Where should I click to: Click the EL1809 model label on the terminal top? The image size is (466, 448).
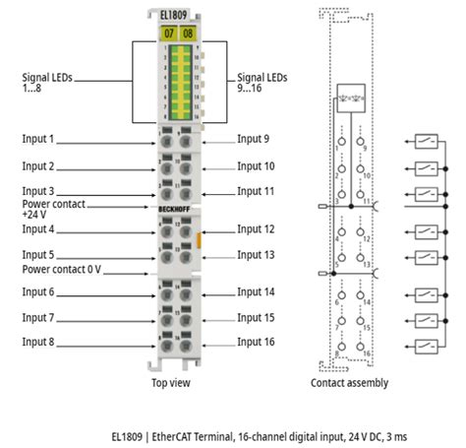coord(177,16)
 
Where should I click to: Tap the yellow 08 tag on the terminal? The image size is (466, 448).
coord(188,32)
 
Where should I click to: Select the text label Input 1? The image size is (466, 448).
coord(38,139)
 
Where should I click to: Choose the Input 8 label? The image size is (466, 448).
coord(38,342)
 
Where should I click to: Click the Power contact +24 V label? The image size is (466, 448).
coord(55,210)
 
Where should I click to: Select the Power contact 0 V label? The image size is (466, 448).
coord(62,267)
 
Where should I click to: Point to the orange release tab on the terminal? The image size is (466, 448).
coord(200,238)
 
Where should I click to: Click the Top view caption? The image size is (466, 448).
coord(171,382)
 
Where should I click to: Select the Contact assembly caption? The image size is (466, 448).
coord(349,382)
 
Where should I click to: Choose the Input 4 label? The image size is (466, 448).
coord(38,228)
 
